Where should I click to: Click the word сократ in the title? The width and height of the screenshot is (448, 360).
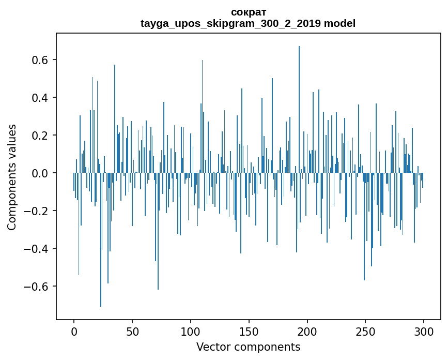(248, 12)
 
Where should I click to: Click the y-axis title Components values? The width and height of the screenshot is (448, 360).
(12, 177)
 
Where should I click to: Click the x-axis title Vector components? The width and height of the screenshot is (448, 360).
(248, 347)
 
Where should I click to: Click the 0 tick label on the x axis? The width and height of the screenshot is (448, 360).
(74, 331)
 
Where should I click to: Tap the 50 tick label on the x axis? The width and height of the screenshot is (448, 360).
(132, 331)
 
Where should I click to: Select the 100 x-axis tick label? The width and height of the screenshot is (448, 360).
(191, 331)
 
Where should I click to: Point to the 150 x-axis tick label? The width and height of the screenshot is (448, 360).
(249, 331)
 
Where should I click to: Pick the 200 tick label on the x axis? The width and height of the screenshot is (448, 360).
(307, 331)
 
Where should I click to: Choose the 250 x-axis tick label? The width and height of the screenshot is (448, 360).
(366, 331)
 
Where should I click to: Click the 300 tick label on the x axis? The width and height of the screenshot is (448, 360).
(424, 331)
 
